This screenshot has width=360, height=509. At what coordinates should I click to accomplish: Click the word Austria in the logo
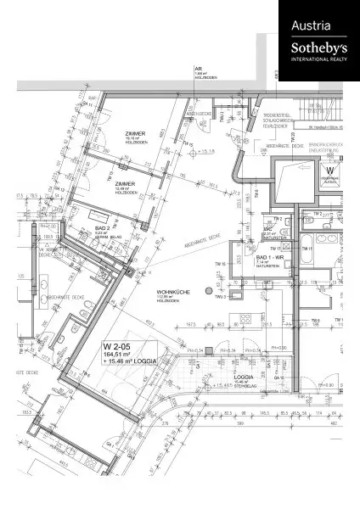pos(311,26)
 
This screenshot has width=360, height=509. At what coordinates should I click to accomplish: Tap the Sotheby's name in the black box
pos(318,48)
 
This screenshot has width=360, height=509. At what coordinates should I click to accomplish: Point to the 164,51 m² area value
pos(118,356)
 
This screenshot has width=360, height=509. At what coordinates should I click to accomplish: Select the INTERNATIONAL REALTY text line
pos(318,60)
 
